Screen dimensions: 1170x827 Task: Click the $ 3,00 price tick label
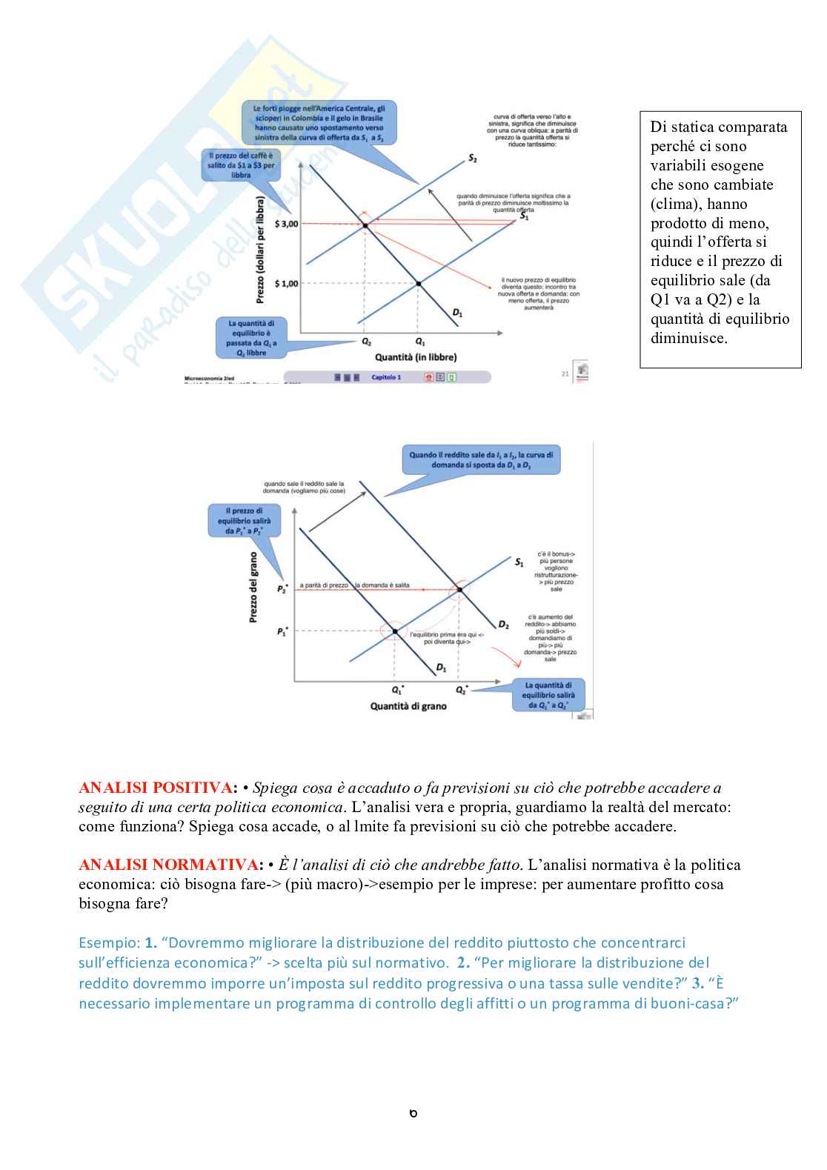[285, 224]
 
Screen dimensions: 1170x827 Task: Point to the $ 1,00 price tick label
[285, 284]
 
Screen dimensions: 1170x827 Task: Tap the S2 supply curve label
[473, 159]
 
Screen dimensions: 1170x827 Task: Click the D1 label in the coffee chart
[457, 313]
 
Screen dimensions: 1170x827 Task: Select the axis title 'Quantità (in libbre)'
[415, 357]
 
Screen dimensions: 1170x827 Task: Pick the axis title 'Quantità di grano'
[408, 706]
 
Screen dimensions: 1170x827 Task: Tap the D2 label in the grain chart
[503, 625]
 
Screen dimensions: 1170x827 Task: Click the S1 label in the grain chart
[519, 562]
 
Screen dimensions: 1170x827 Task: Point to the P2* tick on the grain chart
[282, 589]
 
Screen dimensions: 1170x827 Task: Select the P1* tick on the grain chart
[282, 631]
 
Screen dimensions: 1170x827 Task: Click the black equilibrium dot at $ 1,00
[418, 284]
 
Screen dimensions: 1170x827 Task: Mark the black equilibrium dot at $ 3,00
[365, 225]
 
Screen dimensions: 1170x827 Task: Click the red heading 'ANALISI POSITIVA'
[156, 788]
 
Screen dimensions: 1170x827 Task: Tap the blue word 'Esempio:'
[109, 943]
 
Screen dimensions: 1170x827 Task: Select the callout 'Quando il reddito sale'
[482, 459]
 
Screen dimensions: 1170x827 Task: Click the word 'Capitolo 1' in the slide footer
[386, 377]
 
